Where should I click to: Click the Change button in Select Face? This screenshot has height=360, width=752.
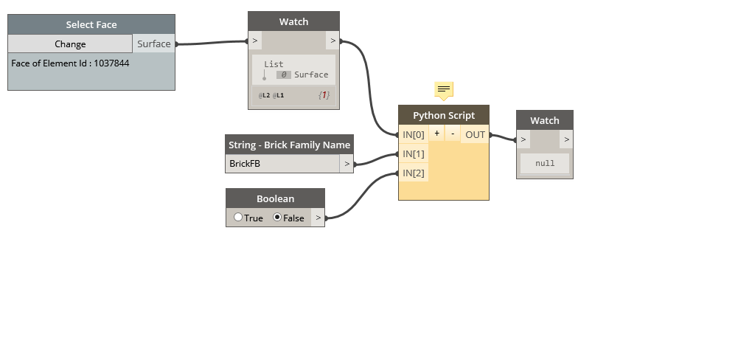click(70, 44)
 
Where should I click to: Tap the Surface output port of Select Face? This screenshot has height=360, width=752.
click(153, 44)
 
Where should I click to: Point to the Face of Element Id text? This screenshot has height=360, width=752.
click(70, 63)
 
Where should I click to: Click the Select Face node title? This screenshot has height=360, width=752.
click(91, 24)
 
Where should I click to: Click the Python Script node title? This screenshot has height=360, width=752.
click(443, 115)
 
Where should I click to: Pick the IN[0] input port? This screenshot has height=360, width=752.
click(413, 134)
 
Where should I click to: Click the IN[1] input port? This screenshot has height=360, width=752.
click(413, 153)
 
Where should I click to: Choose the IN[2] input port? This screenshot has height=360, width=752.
click(413, 173)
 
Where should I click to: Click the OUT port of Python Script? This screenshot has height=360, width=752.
click(475, 134)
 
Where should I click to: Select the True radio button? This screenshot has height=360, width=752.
click(238, 218)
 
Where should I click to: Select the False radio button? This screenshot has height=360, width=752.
click(277, 218)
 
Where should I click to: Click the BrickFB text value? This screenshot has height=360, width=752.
click(245, 164)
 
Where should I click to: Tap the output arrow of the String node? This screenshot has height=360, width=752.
click(347, 164)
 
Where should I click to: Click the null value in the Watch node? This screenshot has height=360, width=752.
click(545, 163)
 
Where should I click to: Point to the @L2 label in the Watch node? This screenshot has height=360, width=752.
click(264, 96)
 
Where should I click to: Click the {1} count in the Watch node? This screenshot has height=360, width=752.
click(324, 95)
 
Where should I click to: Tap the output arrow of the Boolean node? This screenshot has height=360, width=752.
click(317, 218)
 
